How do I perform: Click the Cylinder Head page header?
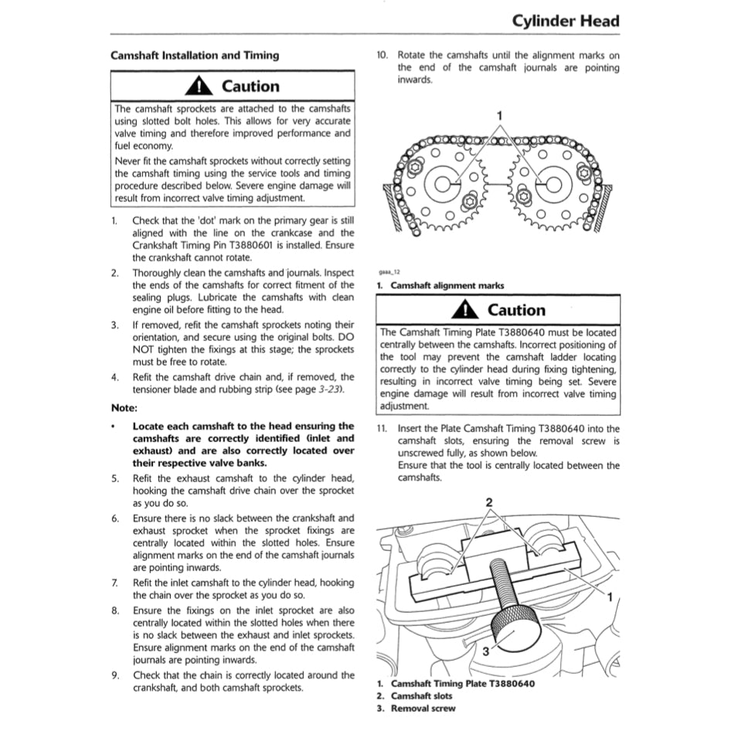coord(566,21)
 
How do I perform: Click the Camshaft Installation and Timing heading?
coord(195,56)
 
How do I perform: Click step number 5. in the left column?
coord(114,478)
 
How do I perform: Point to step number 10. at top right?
coord(382,56)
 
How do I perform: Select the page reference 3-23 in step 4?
coord(328,389)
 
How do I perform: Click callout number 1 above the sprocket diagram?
coord(500,115)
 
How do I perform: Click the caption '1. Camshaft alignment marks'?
coord(440,286)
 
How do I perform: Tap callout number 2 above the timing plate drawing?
coord(488,502)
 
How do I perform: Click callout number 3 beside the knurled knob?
coord(485,651)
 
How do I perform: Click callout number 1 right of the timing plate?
coord(609,597)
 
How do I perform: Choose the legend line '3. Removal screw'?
coord(417,708)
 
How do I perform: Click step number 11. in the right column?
coord(382,428)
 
